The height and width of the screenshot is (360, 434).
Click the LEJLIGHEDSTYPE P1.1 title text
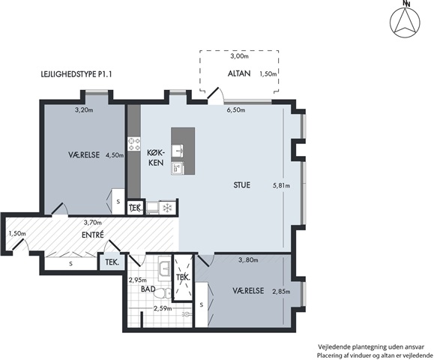[76, 74]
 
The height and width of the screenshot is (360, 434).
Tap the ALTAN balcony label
[239, 73]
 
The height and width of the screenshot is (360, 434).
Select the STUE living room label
[241, 185]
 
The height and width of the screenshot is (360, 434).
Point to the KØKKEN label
[156, 157]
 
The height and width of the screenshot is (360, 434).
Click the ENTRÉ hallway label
[93, 235]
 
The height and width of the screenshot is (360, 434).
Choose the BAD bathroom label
[148, 289]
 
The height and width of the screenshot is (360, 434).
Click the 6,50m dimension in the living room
[236, 110]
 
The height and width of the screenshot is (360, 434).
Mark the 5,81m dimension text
[282, 186]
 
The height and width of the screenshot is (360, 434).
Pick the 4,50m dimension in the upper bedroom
[115, 155]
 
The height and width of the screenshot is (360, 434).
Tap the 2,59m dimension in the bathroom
[163, 308]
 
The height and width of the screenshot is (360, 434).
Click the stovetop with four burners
[134, 144]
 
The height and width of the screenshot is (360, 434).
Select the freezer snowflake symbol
[167, 208]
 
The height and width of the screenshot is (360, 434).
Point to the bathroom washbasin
[166, 268]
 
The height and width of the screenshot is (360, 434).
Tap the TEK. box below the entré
[112, 262]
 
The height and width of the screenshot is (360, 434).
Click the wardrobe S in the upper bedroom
[118, 202]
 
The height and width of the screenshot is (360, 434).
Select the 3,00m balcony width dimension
[239, 56]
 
